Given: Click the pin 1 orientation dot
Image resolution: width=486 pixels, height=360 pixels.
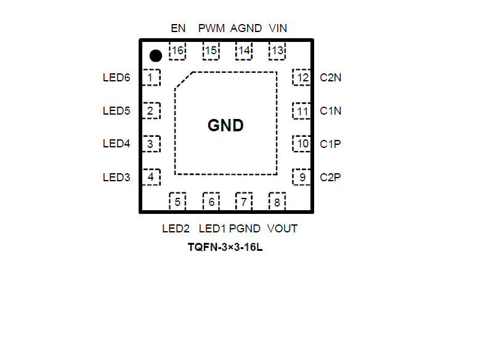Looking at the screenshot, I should pos(156,56).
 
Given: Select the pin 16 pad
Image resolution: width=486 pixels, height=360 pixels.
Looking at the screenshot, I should pos(177,51).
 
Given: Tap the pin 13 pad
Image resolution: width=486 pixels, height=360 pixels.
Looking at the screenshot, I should pos(278,51).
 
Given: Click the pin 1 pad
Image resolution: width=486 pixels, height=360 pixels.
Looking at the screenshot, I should pos(151,78).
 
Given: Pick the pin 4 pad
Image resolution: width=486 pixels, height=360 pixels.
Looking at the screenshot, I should pos(151,178).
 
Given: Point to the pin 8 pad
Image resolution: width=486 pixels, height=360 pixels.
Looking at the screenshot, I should pos(277,202).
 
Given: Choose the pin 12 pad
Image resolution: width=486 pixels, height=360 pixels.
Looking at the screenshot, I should pos(302,78).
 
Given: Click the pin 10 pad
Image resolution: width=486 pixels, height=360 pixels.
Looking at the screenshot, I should pos(302,144).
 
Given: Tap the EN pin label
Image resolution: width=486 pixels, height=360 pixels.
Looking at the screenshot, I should pos(178,28).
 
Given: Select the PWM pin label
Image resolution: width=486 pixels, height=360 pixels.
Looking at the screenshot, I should pos(211,28).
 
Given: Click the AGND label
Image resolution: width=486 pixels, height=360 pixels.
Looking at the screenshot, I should pos(246,28).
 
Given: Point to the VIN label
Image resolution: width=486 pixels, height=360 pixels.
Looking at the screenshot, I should pos(278,28).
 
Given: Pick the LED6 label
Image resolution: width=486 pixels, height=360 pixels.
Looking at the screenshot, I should pos(116,78).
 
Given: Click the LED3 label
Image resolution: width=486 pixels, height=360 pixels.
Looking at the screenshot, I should pos(116,178).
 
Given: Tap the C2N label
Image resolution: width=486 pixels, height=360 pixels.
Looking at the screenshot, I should pos(331,78).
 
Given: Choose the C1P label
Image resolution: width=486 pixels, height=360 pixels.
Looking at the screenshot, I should pos(330,144).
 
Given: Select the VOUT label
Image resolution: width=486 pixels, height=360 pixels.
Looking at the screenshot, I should pos(283,229).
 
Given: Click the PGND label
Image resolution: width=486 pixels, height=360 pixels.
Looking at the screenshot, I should pos(245,229).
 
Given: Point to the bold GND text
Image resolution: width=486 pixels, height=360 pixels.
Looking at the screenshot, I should pos(225,126).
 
